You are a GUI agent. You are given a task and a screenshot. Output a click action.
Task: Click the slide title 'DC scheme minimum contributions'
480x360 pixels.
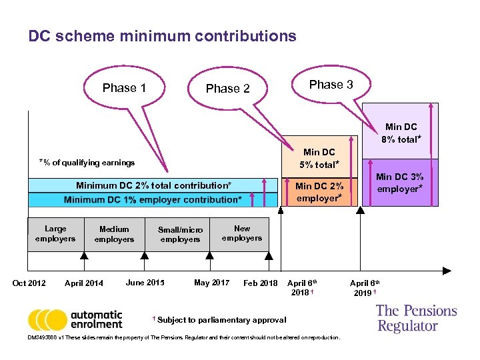pyautogui.click(x=162, y=36)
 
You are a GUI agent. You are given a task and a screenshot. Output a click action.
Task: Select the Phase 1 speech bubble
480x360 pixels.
pyautogui.click(x=125, y=88)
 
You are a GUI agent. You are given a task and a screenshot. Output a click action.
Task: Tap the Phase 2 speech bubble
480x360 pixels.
pyautogui.click(x=228, y=89)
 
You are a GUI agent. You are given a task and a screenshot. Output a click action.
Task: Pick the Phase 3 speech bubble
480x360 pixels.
pyautogui.click(x=331, y=85)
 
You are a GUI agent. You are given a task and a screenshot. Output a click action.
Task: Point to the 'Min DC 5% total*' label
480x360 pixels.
pyautogui.click(x=319, y=158)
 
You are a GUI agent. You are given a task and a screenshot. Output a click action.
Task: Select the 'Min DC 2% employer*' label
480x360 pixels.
pyautogui.click(x=319, y=192)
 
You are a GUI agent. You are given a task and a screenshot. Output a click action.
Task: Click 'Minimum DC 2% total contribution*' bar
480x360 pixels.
pyautogui.click(x=154, y=185)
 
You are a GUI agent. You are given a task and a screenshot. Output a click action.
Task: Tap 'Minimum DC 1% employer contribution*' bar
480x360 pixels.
pyautogui.click(x=153, y=200)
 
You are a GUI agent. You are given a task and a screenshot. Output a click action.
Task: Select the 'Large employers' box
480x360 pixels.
pyautogui.click(x=55, y=234)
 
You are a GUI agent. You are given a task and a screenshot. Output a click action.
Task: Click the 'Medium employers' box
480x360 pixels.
pyautogui.click(x=114, y=234)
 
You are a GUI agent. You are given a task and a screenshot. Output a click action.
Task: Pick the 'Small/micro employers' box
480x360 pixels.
pyautogui.click(x=180, y=235)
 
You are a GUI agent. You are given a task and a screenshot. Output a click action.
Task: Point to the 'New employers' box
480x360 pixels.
pyautogui.click(x=242, y=233)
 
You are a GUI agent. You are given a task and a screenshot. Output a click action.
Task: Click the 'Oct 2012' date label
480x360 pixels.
pyautogui.click(x=29, y=283)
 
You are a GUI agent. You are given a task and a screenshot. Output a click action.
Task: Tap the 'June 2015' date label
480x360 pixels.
pyautogui.click(x=145, y=283)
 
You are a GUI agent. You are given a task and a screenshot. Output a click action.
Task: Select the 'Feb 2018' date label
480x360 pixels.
pyautogui.click(x=261, y=283)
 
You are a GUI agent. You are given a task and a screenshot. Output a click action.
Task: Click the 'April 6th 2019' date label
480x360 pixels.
pyautogui.click(x=365, y=287)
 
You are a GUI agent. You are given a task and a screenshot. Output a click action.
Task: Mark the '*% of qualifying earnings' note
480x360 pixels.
pyautogui.click(x=87, y=163)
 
